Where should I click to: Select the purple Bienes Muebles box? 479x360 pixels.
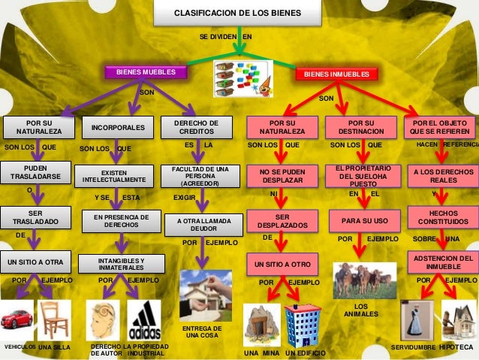[x=146, y=72]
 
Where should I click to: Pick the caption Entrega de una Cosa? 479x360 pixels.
[x=203, y=332]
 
